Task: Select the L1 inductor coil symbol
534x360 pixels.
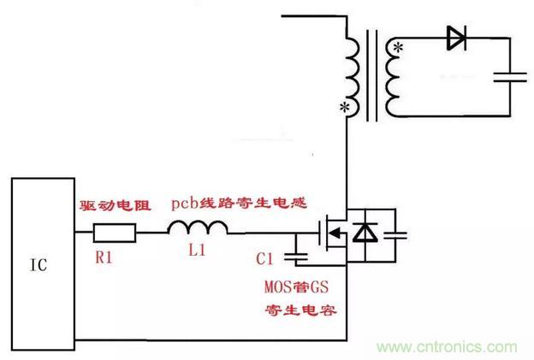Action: [x=198, y=228]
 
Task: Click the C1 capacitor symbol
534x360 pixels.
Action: [x=297, y=253]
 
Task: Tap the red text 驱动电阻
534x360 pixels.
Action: [x=115, y=205]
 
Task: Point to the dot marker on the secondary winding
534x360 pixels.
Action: [x=397, y=50]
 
